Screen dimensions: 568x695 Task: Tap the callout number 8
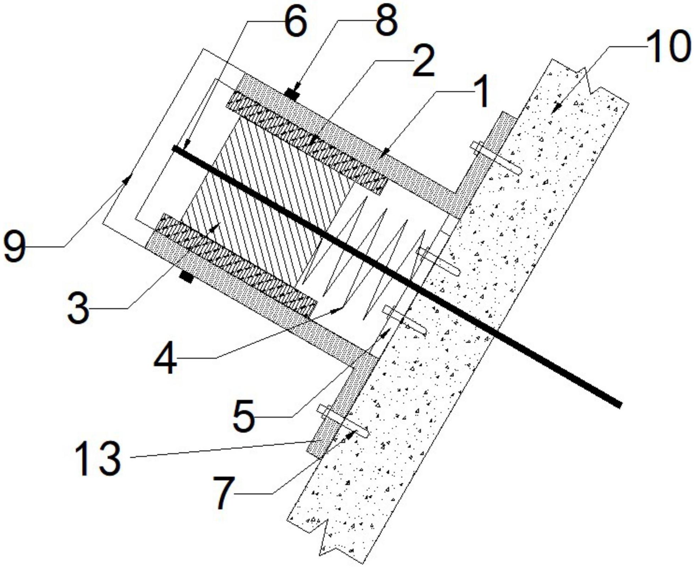(x=386, y=22)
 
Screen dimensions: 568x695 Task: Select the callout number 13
(x=98, y=458)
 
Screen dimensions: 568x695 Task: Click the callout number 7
(x=224, y=493)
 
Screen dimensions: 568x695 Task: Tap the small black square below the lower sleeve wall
(x=186, y=277)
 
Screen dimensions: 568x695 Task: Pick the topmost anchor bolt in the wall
(x=497, y=158)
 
